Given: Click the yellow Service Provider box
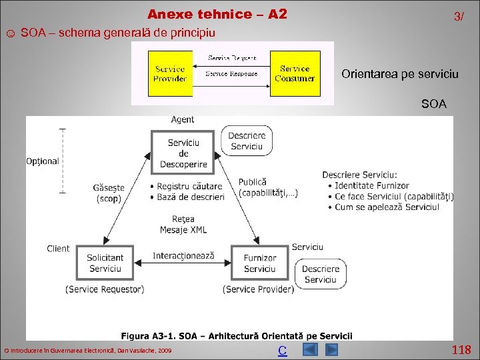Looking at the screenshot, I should point(170,73).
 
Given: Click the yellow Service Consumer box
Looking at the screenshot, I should point(294,73).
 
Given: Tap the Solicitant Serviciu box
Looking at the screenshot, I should point(105,263).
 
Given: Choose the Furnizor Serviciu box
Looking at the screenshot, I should point(259,263).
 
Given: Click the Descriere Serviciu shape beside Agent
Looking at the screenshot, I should point(247,141).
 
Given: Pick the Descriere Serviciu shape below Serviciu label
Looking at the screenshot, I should point(320,274).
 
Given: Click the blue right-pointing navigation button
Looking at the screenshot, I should point(331,350).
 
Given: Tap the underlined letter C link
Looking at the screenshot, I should point(283,351).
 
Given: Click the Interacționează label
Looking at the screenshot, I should point(183,256).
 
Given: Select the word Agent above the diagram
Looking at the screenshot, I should point(183,120).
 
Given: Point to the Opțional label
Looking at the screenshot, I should point(43,161).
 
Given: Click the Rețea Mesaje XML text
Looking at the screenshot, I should point(183,225).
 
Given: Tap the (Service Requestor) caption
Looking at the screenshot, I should point(105,289).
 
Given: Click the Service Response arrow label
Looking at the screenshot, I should point(231,73).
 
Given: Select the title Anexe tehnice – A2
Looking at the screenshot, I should point(217,14).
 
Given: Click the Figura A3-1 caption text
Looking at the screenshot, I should point(237,336).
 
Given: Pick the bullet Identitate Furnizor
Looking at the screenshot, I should point(371,185).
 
